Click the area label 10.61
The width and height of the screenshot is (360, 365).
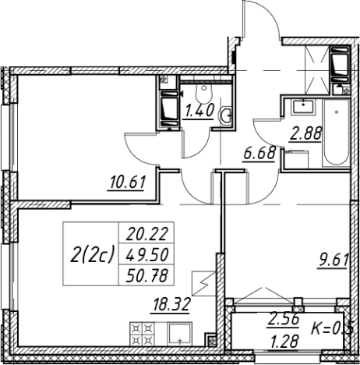(128, 182)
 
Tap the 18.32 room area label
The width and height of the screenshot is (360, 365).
(172, 304)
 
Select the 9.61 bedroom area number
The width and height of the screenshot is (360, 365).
(334, 260)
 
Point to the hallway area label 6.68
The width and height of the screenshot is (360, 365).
(259, 154)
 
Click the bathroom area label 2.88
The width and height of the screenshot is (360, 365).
(306, 133)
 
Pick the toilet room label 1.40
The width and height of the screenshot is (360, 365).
(199, 111)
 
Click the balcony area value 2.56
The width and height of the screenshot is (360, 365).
(284, 319)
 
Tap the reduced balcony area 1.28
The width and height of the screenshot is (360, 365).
(284, 341)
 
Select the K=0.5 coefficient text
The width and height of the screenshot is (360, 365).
(332, 329)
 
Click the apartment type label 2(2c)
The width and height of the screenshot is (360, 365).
(92, 255)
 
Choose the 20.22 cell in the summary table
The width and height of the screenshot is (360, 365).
(146, 234)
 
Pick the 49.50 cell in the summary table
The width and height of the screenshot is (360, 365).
(146, 255)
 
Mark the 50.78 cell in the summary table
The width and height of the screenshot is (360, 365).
(146, 276)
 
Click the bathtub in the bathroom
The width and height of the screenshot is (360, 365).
(336, 133)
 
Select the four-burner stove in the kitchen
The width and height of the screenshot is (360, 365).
(142, 334)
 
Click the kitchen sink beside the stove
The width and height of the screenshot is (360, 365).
(179, 334)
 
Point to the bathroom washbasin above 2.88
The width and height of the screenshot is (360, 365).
(303, 107)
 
